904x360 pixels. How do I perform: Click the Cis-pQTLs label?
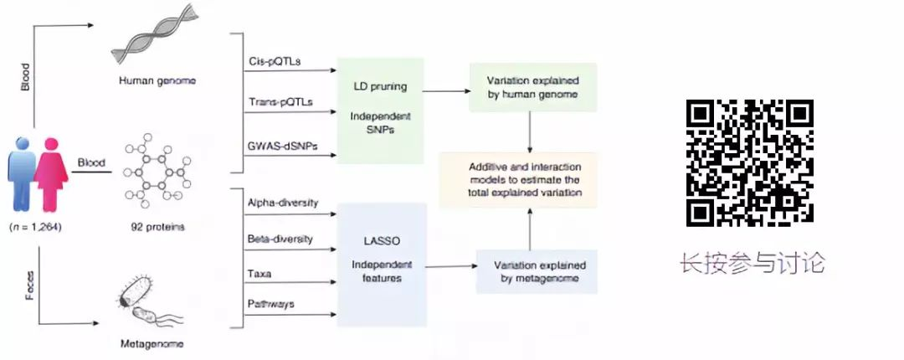click(275, 62)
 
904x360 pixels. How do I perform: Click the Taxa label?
click(259, 274)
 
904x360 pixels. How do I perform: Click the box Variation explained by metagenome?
click(537, 270)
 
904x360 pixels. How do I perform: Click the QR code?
click(750, 162)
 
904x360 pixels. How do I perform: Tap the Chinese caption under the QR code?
click(752, 264)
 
